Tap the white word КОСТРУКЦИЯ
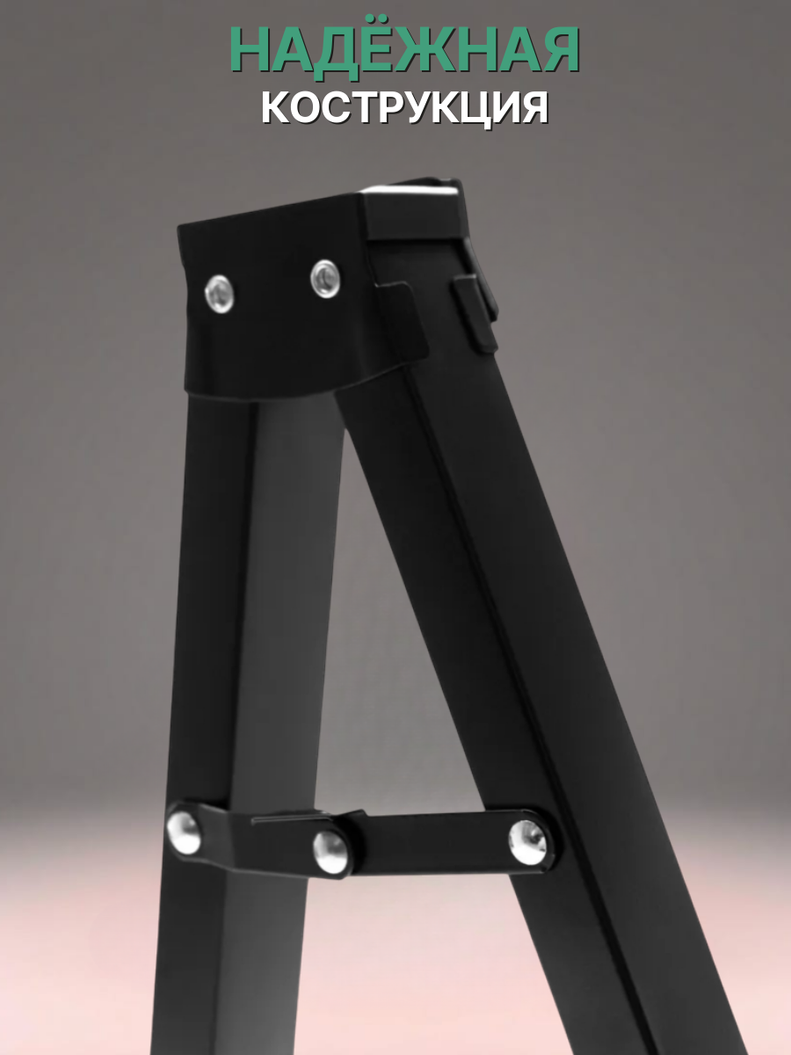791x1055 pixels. (x=404, y=109)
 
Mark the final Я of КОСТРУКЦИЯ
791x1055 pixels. (x=530, y=109)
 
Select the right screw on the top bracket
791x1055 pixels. (x=325, y=278)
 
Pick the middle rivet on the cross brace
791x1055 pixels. (x=331, y=851)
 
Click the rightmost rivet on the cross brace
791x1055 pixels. (x=527, y=839)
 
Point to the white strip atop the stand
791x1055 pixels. (x=413, y=188)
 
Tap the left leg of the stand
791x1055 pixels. (x=211, y=615)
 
